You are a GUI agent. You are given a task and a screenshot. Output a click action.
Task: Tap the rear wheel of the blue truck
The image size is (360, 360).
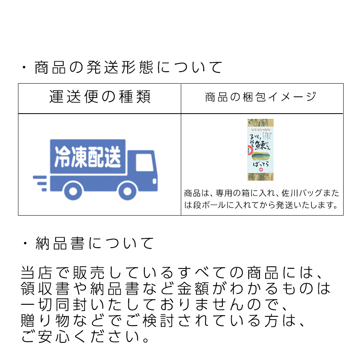point(73,191)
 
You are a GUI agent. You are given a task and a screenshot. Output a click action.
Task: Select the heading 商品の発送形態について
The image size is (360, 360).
point(128,68)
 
